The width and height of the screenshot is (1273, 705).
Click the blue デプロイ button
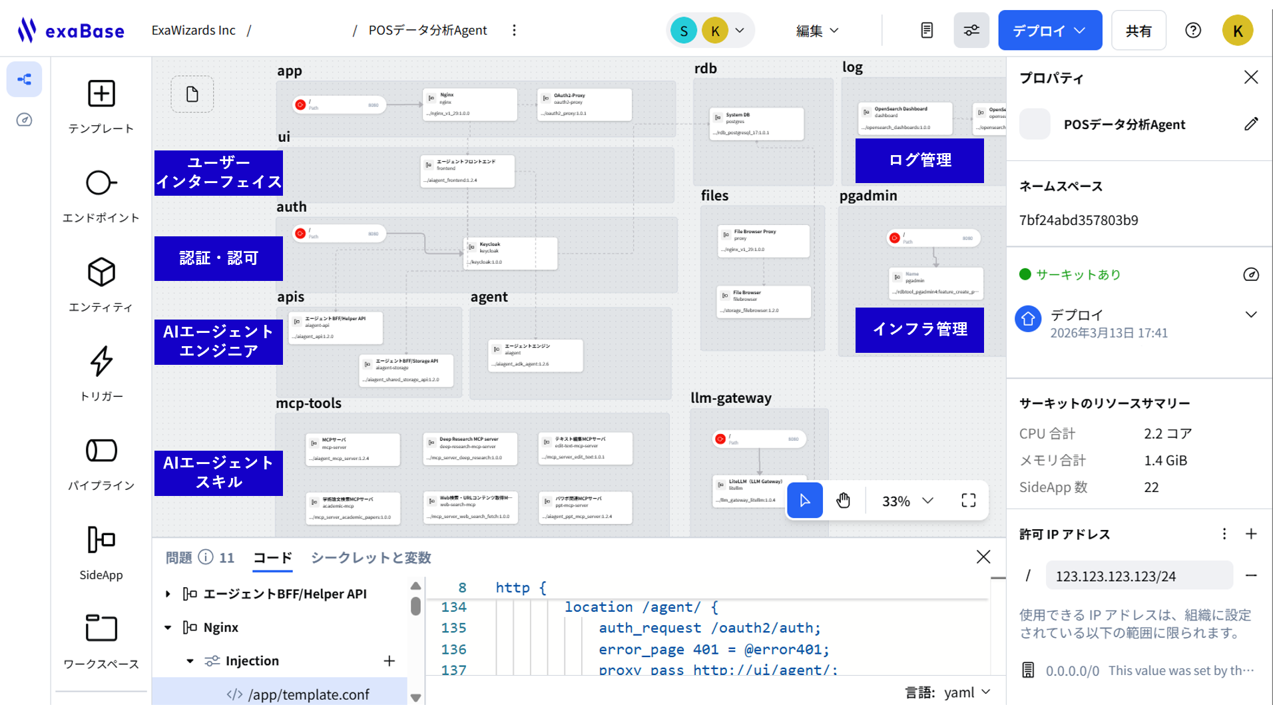pos(1049,31)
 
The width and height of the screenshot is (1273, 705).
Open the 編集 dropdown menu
pos(817,31)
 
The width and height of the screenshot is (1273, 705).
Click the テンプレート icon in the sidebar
pos(101,94)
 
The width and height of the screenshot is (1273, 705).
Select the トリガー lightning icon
pos(101,361)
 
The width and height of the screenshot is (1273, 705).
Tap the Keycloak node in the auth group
pos(510,253)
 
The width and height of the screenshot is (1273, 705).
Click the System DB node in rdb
pos(756,123)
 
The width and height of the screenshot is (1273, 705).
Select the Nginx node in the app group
pos(470,105)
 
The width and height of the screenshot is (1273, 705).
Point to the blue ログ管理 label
pos(919,160)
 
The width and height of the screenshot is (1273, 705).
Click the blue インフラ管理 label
pos(919,330)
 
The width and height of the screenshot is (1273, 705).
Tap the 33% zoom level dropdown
pos(907,501)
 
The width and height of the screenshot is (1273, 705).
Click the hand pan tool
pos(843,501)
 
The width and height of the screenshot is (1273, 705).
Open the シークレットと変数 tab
pos(371,558)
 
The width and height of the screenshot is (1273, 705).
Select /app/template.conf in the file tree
pos(308,694)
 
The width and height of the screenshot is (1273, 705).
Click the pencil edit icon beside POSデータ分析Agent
pos(1251,124)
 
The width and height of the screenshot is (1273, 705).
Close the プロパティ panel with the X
pos(1251,77)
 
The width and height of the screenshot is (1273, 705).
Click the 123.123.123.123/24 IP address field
pos(1139,576)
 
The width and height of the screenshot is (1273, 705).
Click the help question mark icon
pos(1192,31)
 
